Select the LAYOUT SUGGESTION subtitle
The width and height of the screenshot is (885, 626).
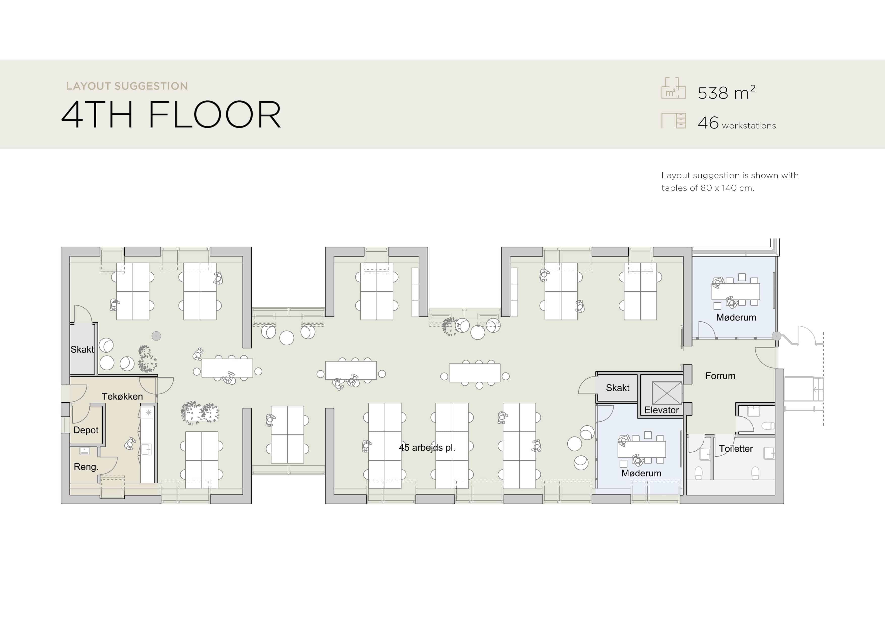coord(127,86)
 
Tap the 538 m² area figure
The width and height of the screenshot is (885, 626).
coord(726,93)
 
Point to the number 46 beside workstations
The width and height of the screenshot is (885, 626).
coord(708,123)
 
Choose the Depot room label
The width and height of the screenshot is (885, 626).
coord(86,430)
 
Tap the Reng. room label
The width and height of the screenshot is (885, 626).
coord(86,467)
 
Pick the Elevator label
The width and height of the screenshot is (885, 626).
coord(661,410)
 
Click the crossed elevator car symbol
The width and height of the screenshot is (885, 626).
coord(667,393)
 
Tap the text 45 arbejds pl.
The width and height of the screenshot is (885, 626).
coord(427,448)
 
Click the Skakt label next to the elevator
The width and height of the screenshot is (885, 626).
coord(618,388)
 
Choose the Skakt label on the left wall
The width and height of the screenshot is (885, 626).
coord(82,349)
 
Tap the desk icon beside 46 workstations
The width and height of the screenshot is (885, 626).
coord(674,120)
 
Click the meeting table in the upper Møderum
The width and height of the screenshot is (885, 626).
coord(735,292)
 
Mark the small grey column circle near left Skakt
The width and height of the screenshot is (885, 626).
coord(156,336)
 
